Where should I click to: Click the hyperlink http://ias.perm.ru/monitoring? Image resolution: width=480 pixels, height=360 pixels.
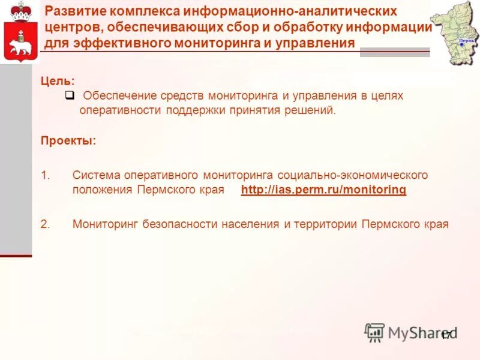tap(323, 190)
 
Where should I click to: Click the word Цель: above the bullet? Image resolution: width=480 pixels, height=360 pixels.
tap(58, 80)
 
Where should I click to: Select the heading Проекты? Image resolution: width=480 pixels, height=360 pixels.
tap(68, 141)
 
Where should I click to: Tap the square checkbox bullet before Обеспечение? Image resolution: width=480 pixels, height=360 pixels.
tap(70, 95)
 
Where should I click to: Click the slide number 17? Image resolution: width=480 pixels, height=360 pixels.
tap(445, 335)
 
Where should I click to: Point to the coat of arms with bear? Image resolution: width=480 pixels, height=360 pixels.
tap(20, 33)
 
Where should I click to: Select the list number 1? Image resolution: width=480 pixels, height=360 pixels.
tap(46, 175)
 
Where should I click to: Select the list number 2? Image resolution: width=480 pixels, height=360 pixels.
tap(46, 224)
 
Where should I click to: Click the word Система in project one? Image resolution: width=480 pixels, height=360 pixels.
tap(96, 175)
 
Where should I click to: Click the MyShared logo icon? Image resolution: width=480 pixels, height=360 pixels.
tap(375, 332)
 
